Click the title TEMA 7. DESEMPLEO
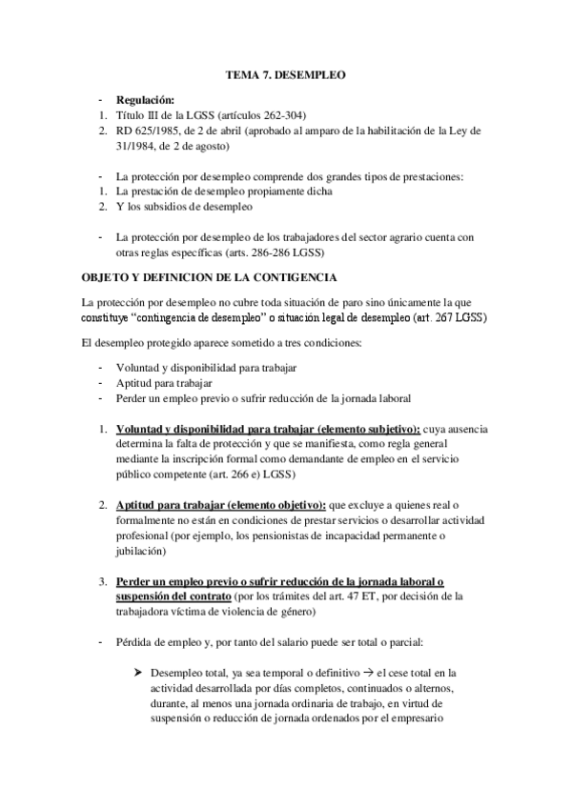(x=284, y=72)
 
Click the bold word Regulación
(x=144, y=100)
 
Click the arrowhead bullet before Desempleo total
(x=141, y=673)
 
